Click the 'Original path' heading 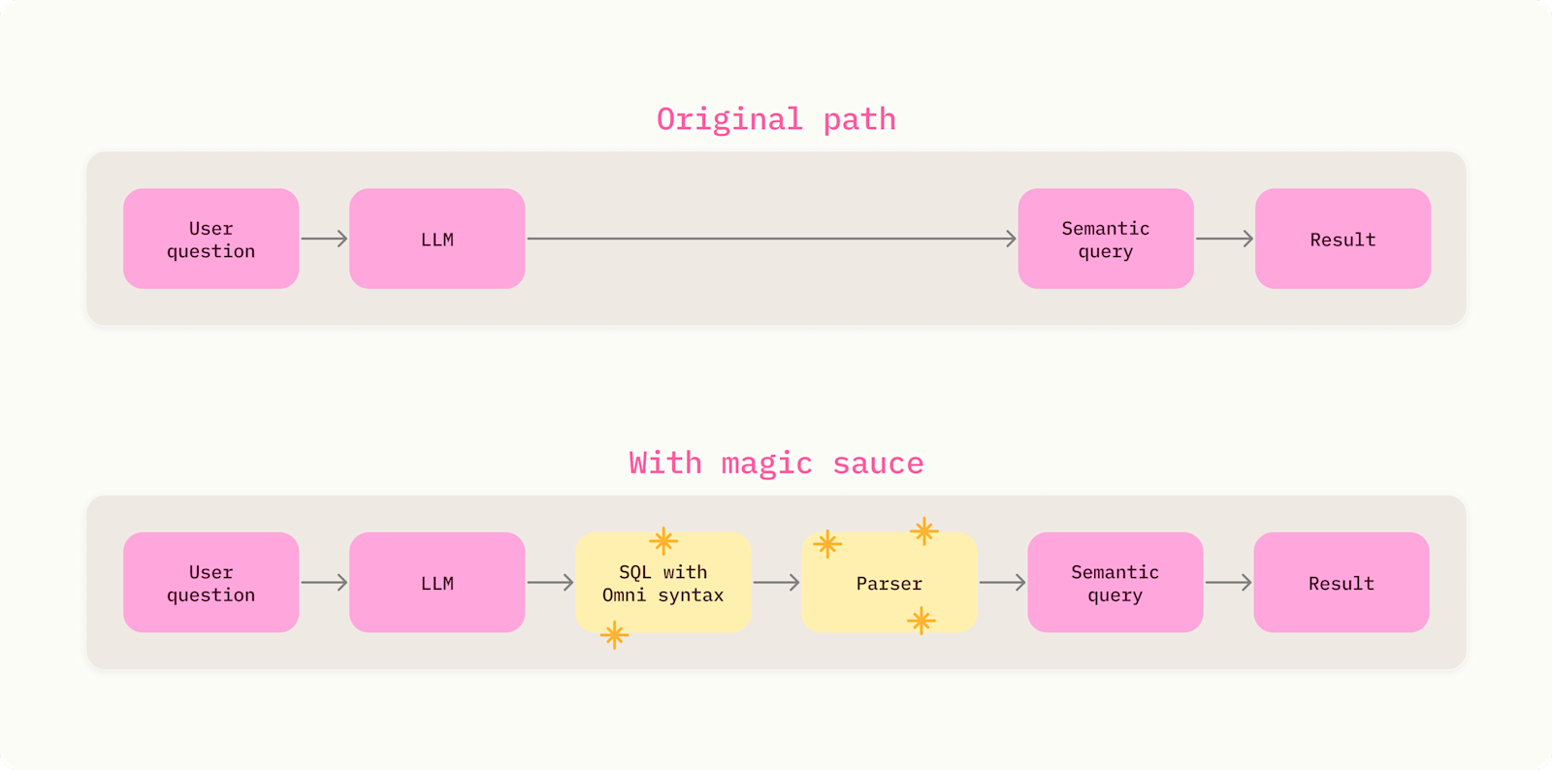pyautogui.click(x=776, y=120)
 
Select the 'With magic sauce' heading pyautogui.click(x=776, y=464)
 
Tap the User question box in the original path pyautogui.click(x=211, y=239)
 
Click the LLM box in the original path pyautogui.click(x=437, y=239)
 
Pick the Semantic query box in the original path pyautogui.click(x=1106, y=239)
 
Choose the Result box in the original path pyautogui.click(x=1342, y=239)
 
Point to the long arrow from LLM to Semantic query pyautogui.click(x=772, y=239)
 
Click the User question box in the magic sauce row pyautogui.click(x=211, y=582)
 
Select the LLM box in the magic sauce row pyautogui.click(x=437, y=582)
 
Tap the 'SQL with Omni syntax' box pyautogui.click(x=663, y=582)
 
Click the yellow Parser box pyautogui.click(x=889, y=582)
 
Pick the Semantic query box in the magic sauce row pyautogui.click(x=1115, y=582)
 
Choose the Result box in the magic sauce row pyautogui.click(x=1342, y=582)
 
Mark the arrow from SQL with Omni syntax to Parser pyautogui.click(x=776, y=582)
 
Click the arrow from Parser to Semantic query pyautogui.click(x=1003, y=582)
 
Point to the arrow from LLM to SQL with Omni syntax pyautogui.click(x=550, y=582)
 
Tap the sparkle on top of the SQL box pyautogui.click(x=663, y=541)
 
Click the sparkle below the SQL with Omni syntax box pyautogui.click(x=615, y=635)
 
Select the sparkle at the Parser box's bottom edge pyautogui.click(x=921, y=621)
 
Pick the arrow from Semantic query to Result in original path pyautogui.click(x=1224, y=239)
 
